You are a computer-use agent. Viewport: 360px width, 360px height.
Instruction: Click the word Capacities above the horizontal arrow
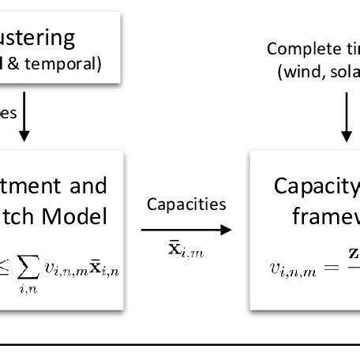tap(186, 204)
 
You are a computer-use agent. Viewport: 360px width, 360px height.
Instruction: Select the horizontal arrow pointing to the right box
tap(186, 230)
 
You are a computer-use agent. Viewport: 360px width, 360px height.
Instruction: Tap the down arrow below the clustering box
tap(24, 118)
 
